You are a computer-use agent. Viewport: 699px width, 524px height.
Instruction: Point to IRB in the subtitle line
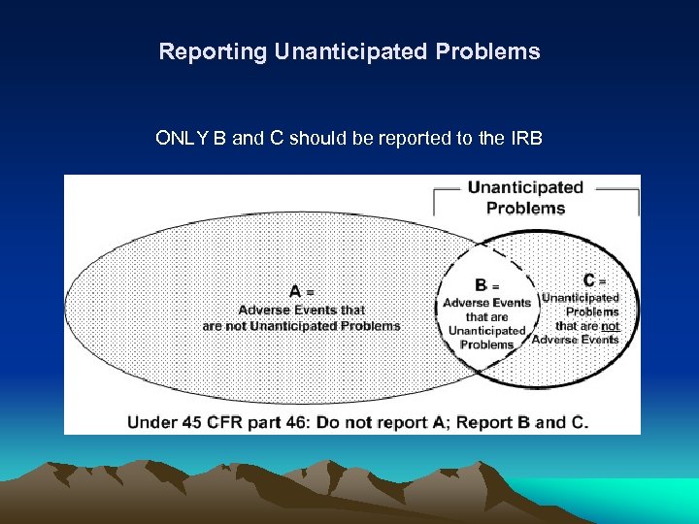(x=525, y=138)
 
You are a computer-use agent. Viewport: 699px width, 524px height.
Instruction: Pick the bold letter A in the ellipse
(x=294, y=291)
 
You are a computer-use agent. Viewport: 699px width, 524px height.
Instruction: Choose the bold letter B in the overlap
(x=481, y=285)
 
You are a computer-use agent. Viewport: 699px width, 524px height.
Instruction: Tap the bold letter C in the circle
(x=589, y=280)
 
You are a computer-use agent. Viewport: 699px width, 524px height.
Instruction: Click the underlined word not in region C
(x=609, y=326)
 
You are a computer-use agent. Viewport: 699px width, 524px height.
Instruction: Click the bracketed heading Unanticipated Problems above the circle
(x=525, y=197)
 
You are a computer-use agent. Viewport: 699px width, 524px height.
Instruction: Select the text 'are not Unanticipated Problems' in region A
(x=301, y=326)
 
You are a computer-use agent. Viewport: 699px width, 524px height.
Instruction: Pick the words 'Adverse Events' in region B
(x=486, y=302)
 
